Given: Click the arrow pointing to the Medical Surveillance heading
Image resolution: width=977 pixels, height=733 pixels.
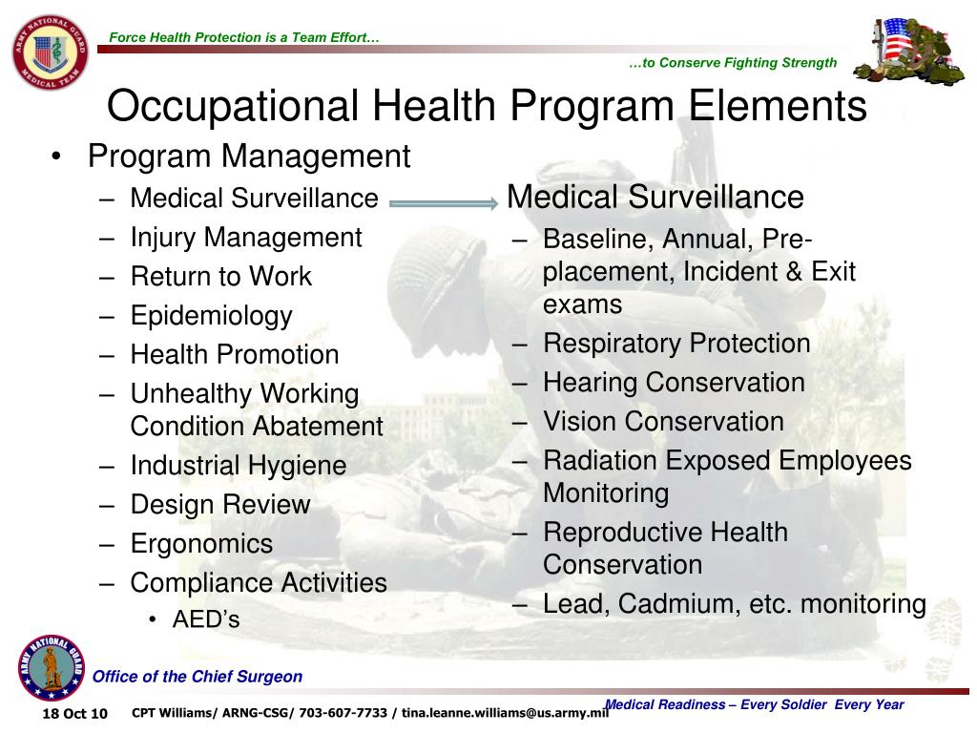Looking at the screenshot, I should pyautogui.click(x=444, y=202).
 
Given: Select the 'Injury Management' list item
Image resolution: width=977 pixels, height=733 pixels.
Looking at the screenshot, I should pyautogui.click(x=246, y=237).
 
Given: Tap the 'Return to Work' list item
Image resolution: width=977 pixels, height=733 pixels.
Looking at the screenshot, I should pyautogui.click(x=220, y=277).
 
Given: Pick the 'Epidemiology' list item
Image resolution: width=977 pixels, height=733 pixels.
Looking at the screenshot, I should pyautogui.click(x=211, y=316).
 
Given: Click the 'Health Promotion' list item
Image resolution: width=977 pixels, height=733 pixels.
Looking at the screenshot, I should pyautogui.click(x=235, y=355).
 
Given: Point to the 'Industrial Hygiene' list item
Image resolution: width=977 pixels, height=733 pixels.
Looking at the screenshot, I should pyautogui.click(x=238, y=466).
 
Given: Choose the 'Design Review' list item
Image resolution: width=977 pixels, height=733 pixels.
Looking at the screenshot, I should pyautogui.click(x=220, y=505).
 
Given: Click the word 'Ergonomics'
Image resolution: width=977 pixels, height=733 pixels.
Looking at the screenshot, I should pyautogui.click(x=201, y=544).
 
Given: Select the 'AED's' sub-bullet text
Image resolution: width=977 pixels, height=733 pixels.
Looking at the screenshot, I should pyautogui.click(x=206, y=619).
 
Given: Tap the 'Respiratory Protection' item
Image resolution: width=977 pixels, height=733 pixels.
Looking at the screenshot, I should pyautogui.click(x=676, y=344).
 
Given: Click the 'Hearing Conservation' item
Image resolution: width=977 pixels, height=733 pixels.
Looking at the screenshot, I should pyautogui.click(x=674, y=383).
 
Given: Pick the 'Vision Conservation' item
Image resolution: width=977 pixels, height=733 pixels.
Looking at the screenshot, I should pyautogui.click(x=663, y=422).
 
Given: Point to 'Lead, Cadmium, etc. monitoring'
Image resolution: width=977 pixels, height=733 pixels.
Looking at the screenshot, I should pyautogui.click(x=734, y=604).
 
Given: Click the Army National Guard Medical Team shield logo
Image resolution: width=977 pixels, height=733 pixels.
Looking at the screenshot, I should pyautogui.click(x=50, y=53).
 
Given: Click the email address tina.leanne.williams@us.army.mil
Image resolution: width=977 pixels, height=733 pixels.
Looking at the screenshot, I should pyautogui.click(x=505, y=712).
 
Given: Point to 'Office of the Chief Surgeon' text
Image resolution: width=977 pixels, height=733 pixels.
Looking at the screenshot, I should pyautogui.click(x=197, y=677).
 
